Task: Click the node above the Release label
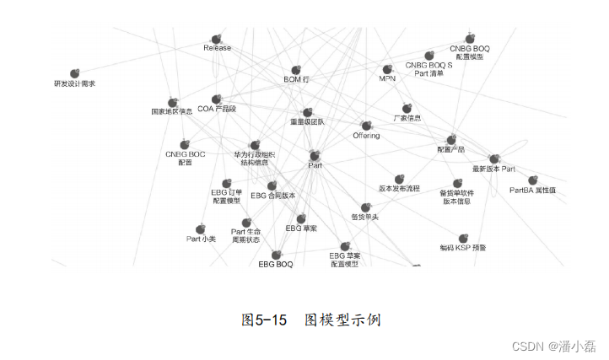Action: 217,39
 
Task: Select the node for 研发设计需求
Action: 74,73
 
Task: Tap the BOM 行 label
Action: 296,79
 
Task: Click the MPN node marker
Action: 387,69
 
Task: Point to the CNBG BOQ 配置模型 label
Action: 469,52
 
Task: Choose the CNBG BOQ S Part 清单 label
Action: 428,68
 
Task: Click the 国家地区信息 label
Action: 172,110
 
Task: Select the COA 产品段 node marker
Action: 217,99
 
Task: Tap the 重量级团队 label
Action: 307,121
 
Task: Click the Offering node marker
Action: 367,125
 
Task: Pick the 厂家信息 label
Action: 407,118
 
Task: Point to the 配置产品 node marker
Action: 451,139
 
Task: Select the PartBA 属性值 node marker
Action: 532,180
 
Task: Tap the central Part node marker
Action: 315,155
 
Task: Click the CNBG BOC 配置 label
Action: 185,159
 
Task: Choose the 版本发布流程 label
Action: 399,189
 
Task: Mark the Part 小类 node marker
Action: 201,228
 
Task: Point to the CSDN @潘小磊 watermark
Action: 558,346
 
